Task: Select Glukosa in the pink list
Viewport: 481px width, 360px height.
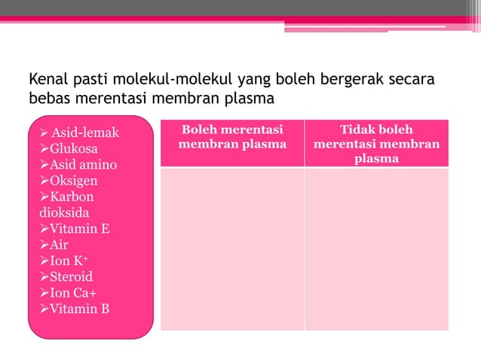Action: point(73,149)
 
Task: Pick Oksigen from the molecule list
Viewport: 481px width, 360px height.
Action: point(73,181)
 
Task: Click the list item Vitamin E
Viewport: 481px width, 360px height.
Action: point(79,228)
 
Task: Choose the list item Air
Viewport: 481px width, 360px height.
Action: point(59,244)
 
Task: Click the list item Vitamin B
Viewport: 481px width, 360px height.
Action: point(79,307)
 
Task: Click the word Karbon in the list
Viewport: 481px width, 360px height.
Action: point(72,197)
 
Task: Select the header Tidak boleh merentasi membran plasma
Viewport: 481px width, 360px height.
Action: point(376,143)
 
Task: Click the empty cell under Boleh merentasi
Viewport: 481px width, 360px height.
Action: point(232,249)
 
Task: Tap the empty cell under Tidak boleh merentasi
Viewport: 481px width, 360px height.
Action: point(376,249)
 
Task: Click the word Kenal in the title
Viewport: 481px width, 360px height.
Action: point(47,79)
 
